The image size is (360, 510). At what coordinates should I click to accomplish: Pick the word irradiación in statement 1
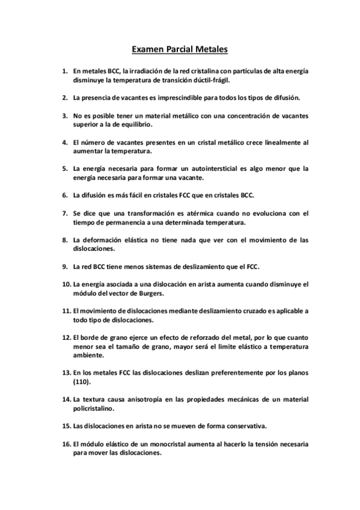pos(146,70)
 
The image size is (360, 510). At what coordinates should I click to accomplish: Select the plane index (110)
pos(82,382)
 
